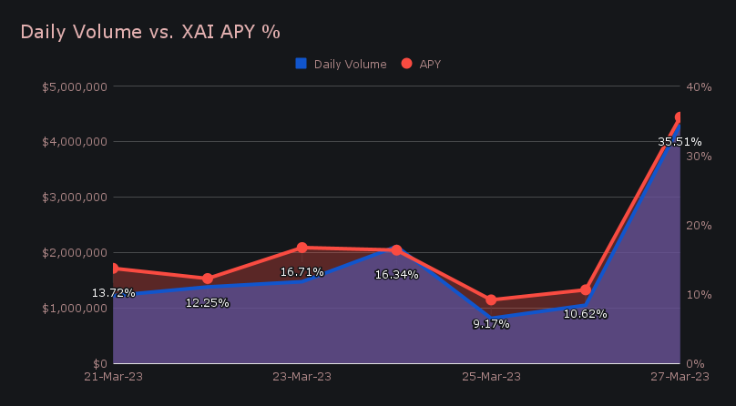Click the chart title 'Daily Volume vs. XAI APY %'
click(150, 31)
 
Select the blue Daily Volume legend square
click(302, 64)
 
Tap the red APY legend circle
click(406, 64)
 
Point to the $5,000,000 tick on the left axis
click(76, 86)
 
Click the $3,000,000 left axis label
click(76, 198)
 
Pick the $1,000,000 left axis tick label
click(76, 308)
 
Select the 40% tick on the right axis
click(699, 86)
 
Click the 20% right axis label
click(699, 225)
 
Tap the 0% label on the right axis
click(696, 363)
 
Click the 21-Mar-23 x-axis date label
click(113, 376)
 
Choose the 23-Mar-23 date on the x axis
click(302, 376)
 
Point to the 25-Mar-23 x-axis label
click(491, 376)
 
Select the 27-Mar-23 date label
click(680, 376)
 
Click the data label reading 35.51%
click(680, 142)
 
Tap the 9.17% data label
click(491, 324)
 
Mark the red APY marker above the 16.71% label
click(302, 248)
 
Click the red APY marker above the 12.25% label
click(208, 279)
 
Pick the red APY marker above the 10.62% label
click(586, 290)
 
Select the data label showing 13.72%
click(114, 293)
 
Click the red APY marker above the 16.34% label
click(396, 250)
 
